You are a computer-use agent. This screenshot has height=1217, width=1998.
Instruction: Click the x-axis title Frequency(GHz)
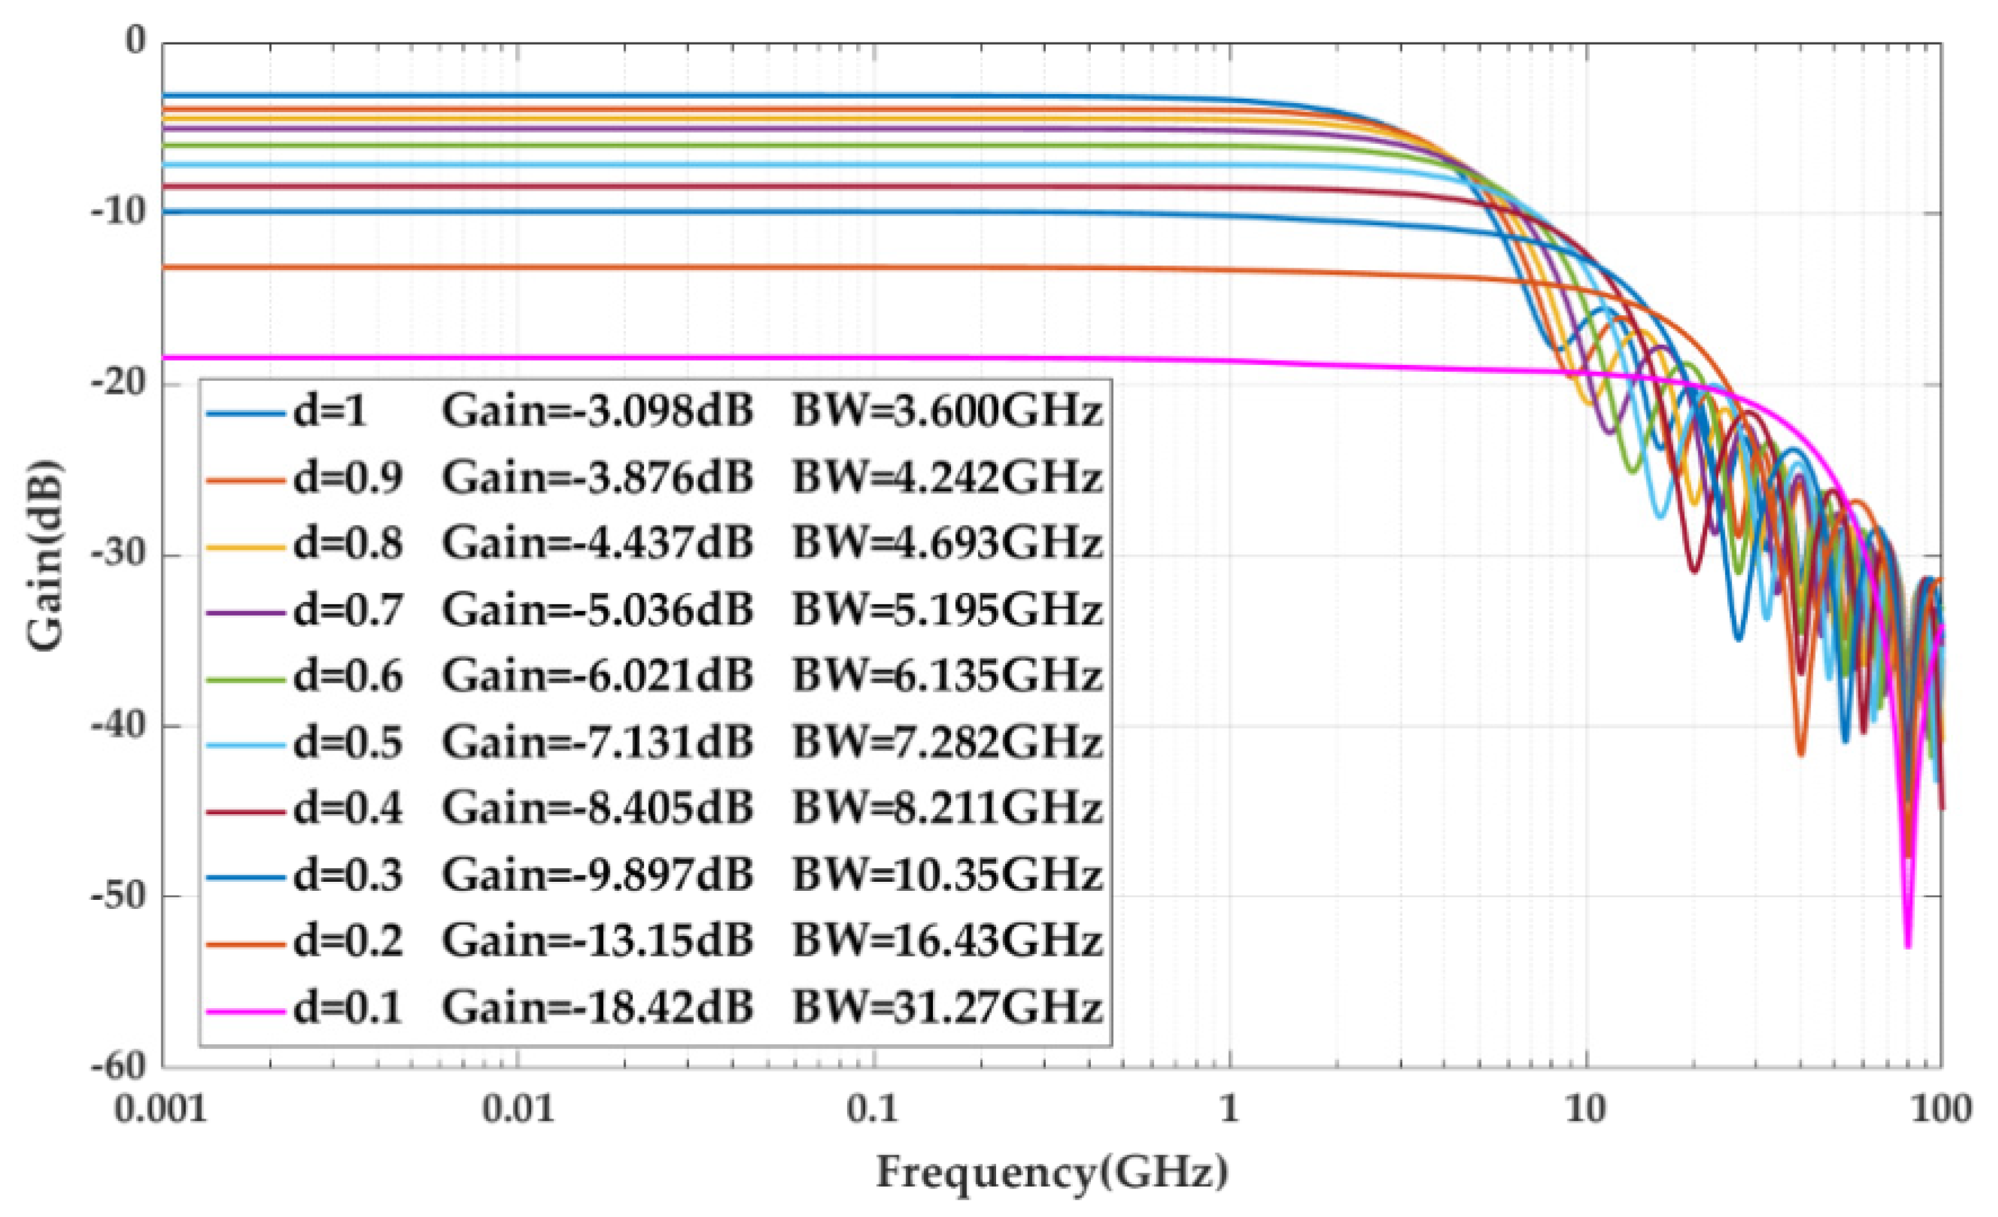point(1052,1172)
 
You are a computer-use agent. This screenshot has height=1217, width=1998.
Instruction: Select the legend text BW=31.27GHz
point(946,1008)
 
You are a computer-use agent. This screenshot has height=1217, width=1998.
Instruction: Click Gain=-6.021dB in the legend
point(598,676)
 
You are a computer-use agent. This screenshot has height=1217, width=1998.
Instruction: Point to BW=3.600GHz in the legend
point(946,413)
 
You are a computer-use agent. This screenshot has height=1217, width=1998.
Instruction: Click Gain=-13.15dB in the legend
point(598,941)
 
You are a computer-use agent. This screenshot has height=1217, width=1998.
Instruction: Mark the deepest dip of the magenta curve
point(1907,944)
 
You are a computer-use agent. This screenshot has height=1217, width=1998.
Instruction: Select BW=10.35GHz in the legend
point(946,875)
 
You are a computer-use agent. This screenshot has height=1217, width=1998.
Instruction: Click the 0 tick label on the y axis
point(135,41)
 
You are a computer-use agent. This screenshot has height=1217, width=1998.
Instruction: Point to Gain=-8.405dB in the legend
point(598,808)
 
